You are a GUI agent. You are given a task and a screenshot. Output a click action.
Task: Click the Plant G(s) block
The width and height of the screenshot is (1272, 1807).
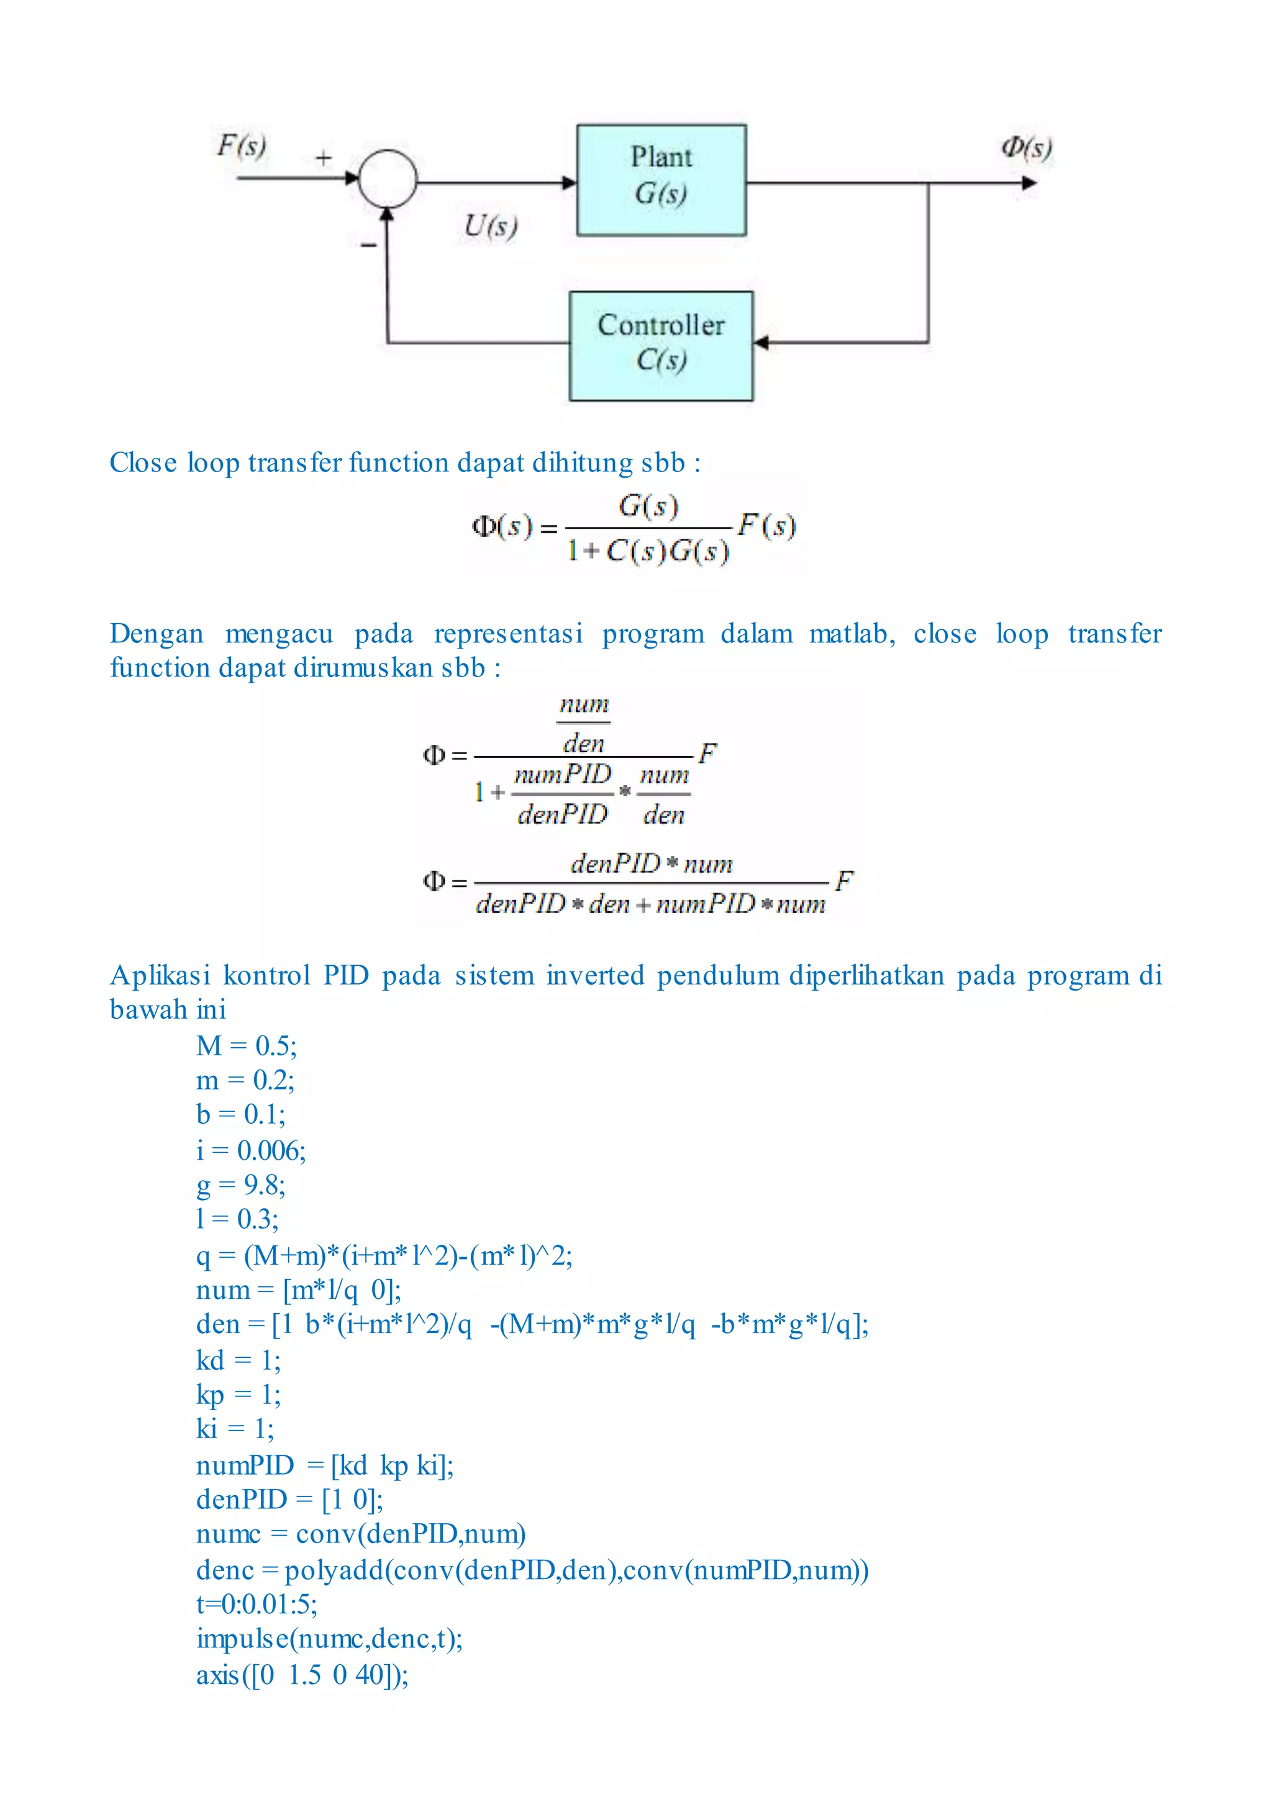pyautogui.click(x=661, y=180)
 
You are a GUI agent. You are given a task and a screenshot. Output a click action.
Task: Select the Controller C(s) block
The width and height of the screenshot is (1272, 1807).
pyautogui.click(x=661, y=345)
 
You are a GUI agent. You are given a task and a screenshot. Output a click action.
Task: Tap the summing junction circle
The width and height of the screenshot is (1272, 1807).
pyautogui.click(x=388, y=179)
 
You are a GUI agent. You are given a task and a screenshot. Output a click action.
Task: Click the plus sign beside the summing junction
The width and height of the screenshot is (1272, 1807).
pyautogui.click(x=324, y=158)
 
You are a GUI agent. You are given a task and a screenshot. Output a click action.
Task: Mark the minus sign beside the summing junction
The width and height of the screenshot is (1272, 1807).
pyautogui.click(x=368, y=245)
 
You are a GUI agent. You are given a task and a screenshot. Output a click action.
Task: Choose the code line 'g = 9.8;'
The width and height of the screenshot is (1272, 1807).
pyautogui.click(x=241, y=1185)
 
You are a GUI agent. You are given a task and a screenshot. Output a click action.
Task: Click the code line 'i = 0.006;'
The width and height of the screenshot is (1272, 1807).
pyautogui.click(x=251, y=1150)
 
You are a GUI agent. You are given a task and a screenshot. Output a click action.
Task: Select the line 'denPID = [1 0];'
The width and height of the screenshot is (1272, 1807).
pyautogui.click(x=289, y=1500)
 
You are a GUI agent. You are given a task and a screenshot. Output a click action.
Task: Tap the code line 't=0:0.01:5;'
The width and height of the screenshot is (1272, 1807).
pyautogui.click(x=257, y=1604)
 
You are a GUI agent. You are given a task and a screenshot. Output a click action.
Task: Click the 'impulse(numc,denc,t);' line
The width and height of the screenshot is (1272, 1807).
pyautogui.click(x=329, y=1639)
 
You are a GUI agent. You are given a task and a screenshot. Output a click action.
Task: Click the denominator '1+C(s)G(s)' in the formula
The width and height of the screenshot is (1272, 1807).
pyautogui.click(x=648, y=551)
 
